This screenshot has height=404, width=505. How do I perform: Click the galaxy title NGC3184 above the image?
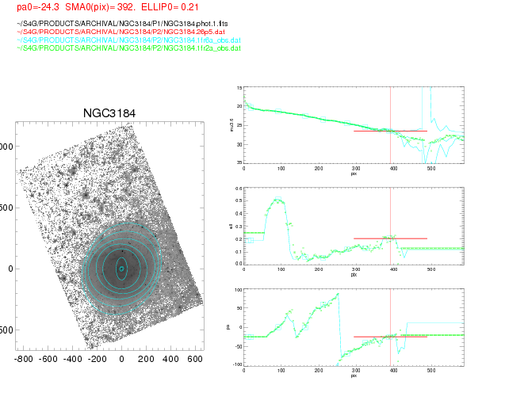tap(109, 113)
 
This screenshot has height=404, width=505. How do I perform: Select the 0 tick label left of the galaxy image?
tap(11, 269)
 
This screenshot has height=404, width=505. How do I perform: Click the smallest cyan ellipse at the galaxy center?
tap(121, 269)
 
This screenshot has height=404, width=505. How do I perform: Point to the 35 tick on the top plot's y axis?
tap(239, 162)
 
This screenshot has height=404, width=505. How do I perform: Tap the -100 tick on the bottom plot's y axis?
tap(236, 364)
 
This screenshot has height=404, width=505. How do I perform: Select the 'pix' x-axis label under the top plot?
tap(354, 173)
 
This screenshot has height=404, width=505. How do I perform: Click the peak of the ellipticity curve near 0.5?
tap(277, 199)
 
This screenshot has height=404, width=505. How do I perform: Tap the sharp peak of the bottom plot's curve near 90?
tap(338, 294)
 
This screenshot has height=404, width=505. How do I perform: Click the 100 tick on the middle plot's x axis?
tap(281, 269)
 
